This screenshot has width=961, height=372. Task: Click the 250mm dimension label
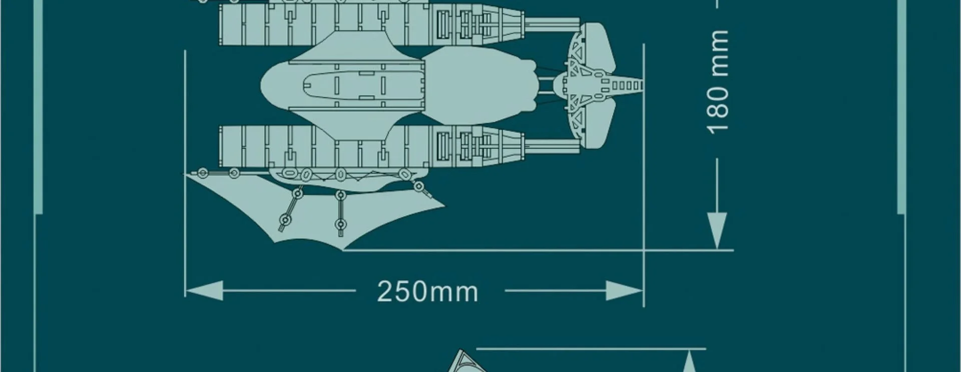tap(427, 291)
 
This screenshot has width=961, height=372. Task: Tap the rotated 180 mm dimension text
tap(718, 82)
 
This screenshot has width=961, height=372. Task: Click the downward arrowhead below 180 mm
tap(718, 230)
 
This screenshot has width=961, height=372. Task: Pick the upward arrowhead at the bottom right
tap(690, 361)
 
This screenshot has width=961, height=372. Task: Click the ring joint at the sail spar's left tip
tap(202, 173)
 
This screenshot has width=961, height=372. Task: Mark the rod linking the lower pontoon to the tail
tap(551, 145)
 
